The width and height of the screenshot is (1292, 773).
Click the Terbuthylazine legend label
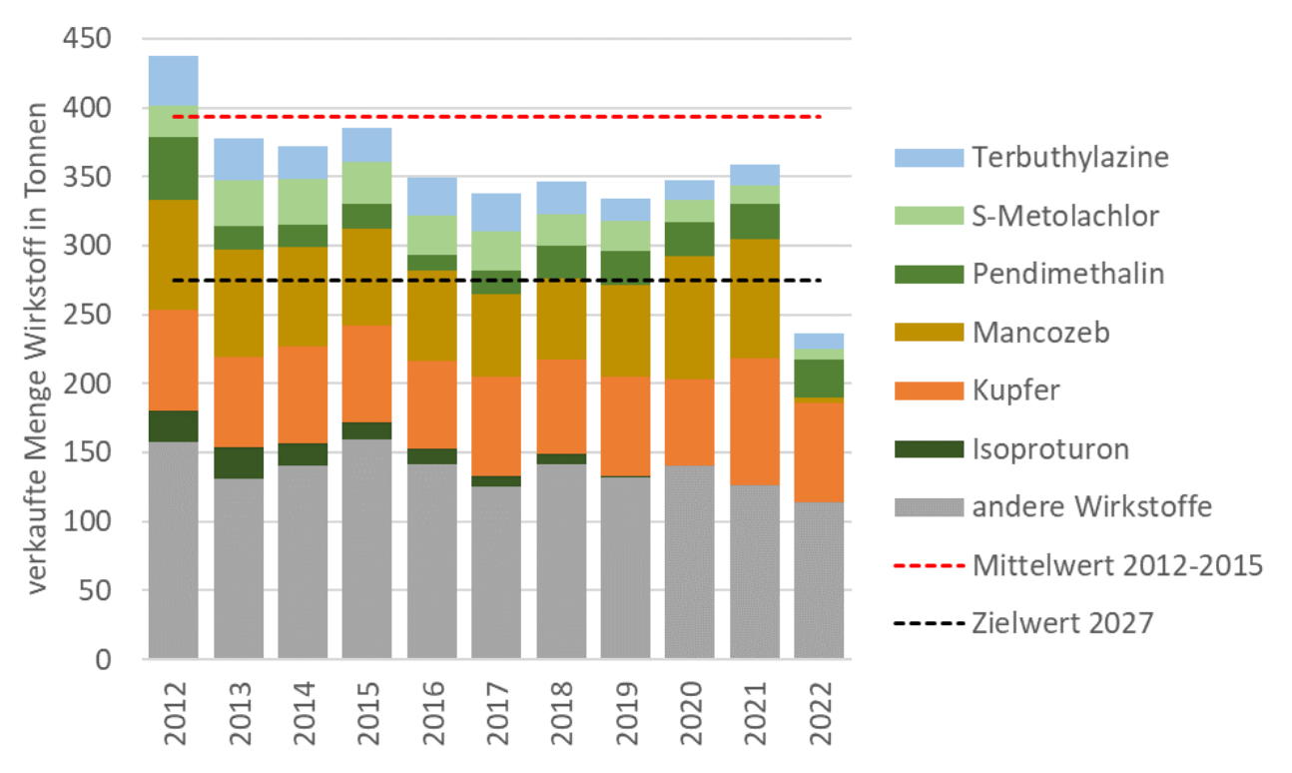[x=1069, y=157]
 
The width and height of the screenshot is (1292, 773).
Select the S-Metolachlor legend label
[x=1065, y=215]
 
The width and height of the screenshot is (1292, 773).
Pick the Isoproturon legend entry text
[x=1049, y=448]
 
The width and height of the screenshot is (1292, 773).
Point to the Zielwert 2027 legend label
[x=1061, y=623]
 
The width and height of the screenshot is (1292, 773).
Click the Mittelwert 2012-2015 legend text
[x=1117, y=565]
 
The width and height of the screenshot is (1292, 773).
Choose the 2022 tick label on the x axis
[x=819, y=713]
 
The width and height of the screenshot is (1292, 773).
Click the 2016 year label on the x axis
[x=432, y=713]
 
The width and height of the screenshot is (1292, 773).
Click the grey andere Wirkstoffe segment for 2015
[x=367, y=549]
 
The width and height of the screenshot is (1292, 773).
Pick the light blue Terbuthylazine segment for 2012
[x=174, y=80]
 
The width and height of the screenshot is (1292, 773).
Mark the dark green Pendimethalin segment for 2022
[x=819, y=379]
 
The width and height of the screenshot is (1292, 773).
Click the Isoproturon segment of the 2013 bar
[x=239, y=462]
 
